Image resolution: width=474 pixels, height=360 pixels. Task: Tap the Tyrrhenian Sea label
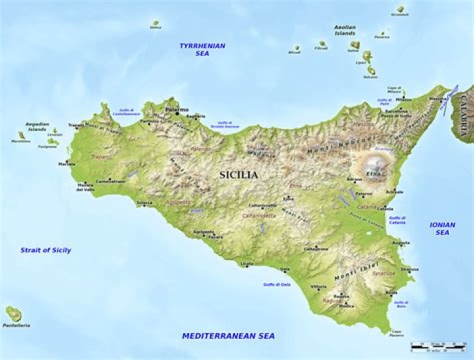(x=203, y=49)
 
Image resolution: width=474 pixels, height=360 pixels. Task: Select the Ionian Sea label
(x=442, y=228)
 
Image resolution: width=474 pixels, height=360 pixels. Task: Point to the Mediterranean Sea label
(x=228, y=336)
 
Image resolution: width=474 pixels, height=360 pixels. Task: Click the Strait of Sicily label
(x=45, y=250)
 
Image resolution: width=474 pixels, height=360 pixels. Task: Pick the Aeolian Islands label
(x=344, y=30)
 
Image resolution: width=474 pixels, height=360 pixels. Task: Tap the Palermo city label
(x=176, y=109)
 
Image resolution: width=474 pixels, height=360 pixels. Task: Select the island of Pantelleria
(x=13, y=313)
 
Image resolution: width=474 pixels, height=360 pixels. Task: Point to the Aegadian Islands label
(x=37, y=126)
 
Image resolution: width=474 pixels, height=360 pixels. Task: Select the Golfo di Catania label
(x=397, y=220)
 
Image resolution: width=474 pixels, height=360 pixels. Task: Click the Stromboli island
(x=400, y=10)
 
